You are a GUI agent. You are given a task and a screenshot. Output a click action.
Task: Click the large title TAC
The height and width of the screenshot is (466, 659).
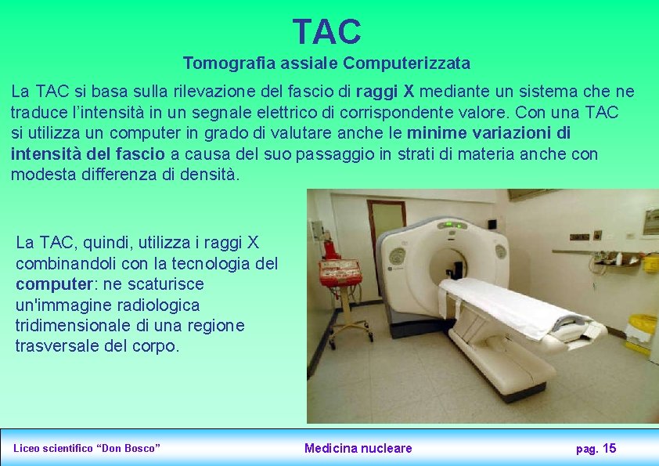coord(326,32)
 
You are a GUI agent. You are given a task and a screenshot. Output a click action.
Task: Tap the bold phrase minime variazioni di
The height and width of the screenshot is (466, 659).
coord(489,133)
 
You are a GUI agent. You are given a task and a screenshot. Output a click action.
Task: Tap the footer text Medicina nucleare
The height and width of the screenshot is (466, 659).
coord(358,448)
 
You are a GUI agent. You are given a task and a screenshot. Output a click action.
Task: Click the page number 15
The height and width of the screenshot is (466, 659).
coord(610,448)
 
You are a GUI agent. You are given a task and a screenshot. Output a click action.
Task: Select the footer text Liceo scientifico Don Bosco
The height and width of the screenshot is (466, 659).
coord(87,448)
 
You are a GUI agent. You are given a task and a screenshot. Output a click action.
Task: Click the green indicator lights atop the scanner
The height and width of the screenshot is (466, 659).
coord(452,225)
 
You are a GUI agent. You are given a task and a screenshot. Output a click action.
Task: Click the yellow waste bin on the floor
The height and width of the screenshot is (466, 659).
coord(642,329)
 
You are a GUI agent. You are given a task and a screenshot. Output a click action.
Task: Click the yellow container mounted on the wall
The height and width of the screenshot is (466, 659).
coord(650,262)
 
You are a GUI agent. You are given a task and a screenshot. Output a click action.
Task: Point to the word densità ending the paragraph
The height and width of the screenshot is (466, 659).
coord(209,175)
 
